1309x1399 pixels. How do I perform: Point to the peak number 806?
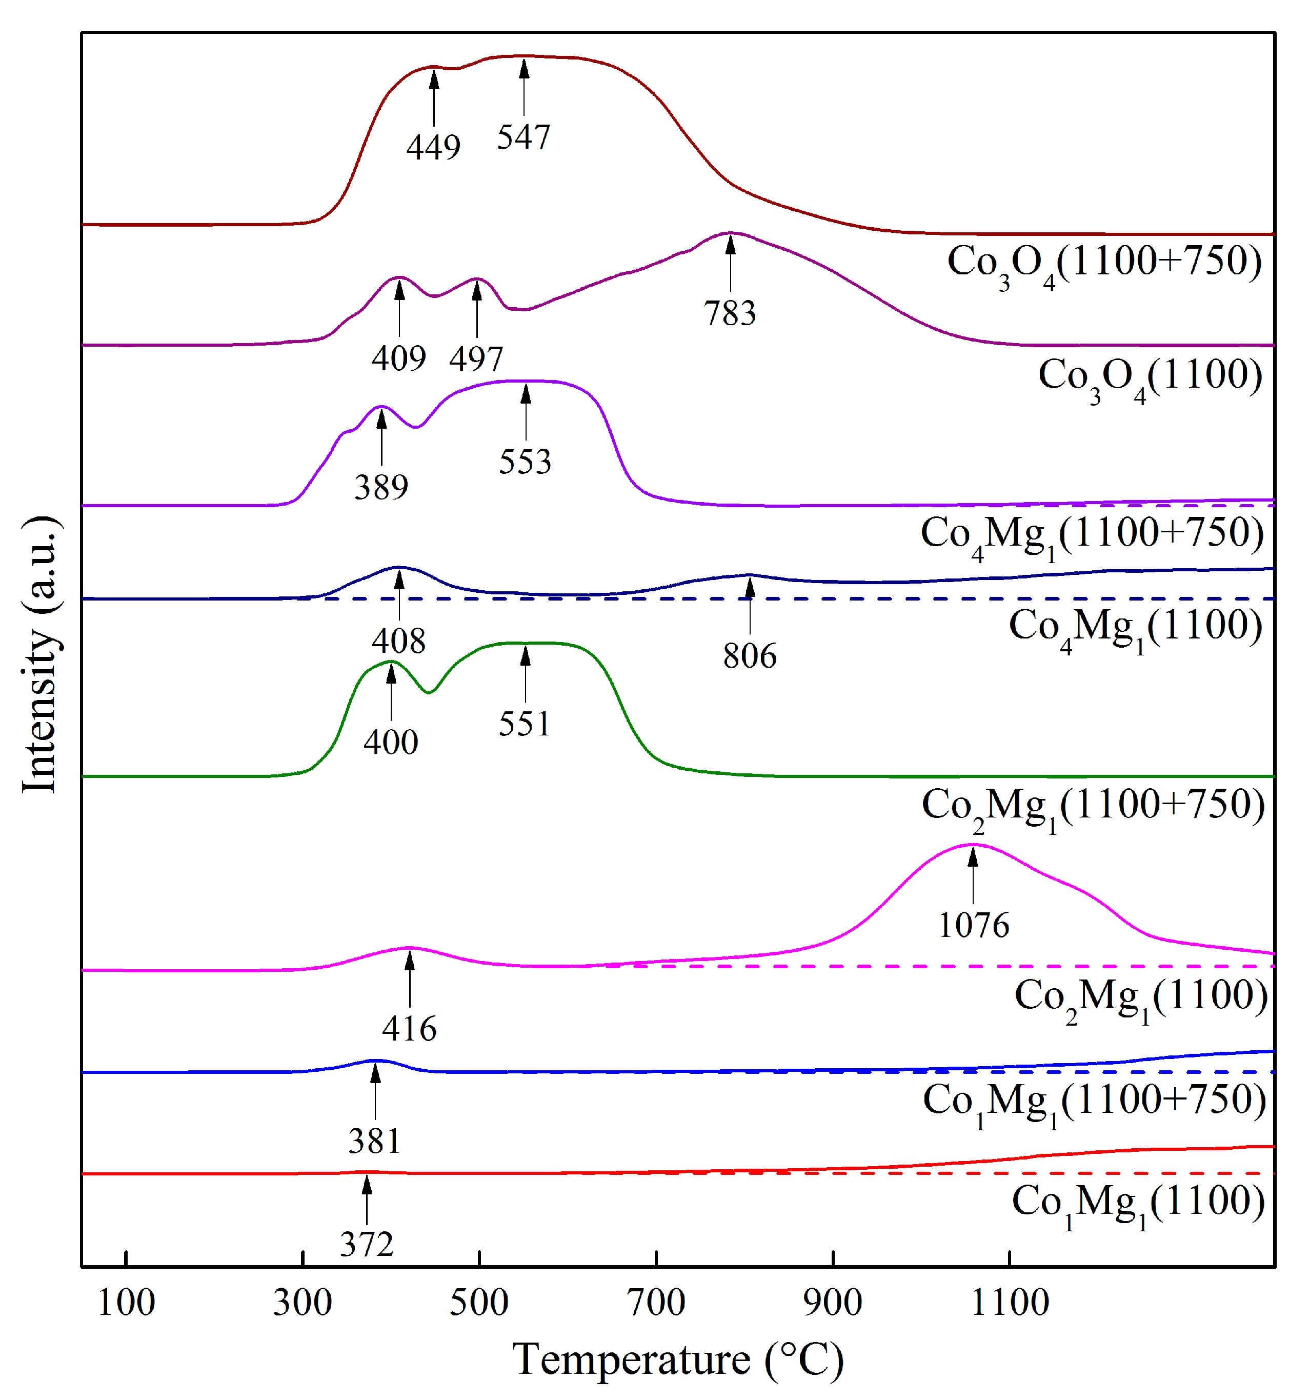(x=750, y=655)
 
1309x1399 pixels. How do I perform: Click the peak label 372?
(x=366, y=1244)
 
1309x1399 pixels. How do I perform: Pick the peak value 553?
(x=525, y=462)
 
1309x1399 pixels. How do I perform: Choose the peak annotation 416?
(x=409, y=1028)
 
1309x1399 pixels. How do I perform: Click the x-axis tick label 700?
(x=656, y=1303)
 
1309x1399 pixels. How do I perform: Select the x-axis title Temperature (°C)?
(x=678, y=1359)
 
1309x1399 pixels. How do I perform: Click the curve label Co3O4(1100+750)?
(x=1103, y=264)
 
